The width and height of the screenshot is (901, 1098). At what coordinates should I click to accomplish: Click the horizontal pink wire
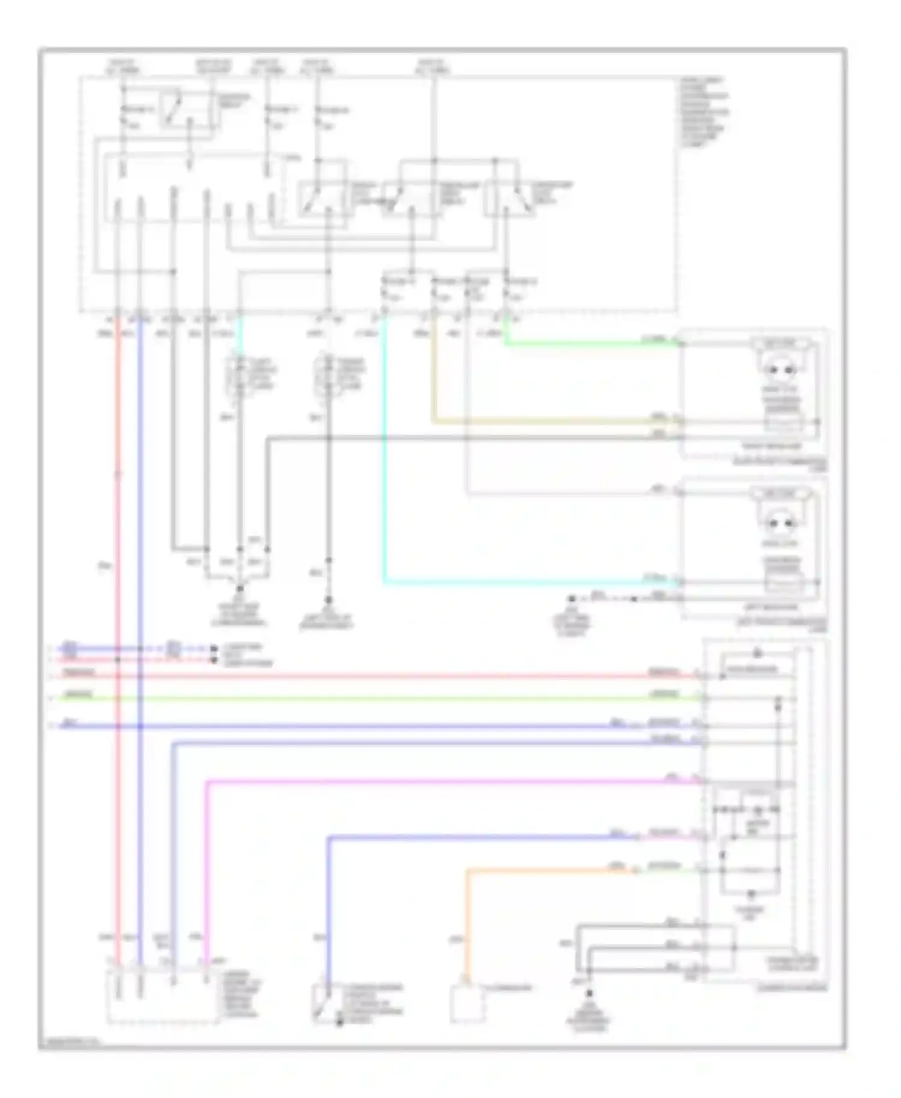pyautogui.click(x=450, y=781)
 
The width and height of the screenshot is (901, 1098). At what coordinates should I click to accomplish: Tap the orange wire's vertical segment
pyautogui.click(x=468, y=919)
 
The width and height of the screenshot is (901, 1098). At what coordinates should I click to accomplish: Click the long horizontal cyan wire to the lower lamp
pyautogui.click(x=529, y=582)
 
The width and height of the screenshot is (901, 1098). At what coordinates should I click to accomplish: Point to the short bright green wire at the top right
pyautogui.click(x=589, y=344)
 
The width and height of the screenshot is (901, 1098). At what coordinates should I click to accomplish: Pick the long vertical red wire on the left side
pyautogui.click(x=118, y=601)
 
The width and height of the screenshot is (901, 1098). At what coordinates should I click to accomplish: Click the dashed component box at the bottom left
pyautogui.click(x=162, y=997)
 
